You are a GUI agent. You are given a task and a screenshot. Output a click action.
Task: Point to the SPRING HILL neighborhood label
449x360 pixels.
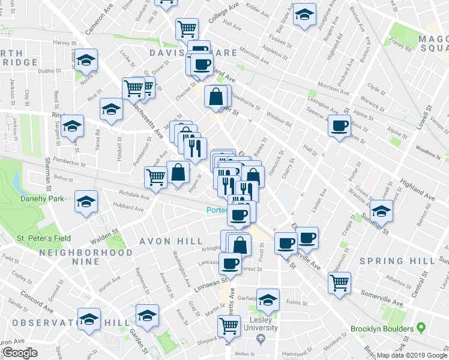(390, 261)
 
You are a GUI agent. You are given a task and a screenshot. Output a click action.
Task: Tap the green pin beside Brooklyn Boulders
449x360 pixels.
(421, 329)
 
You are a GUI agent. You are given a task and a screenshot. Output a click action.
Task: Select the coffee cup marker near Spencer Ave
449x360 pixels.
(339, 126)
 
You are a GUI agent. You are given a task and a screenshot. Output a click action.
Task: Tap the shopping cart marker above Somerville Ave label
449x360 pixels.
(339, 282)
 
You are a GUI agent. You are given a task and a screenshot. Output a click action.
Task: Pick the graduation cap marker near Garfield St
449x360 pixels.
(268, 299)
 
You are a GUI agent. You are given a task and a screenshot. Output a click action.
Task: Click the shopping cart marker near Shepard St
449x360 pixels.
(228, 326)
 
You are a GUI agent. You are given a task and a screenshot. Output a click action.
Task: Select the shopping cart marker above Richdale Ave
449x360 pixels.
(155, 177)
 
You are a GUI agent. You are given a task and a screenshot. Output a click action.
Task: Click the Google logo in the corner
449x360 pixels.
(20, 353)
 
